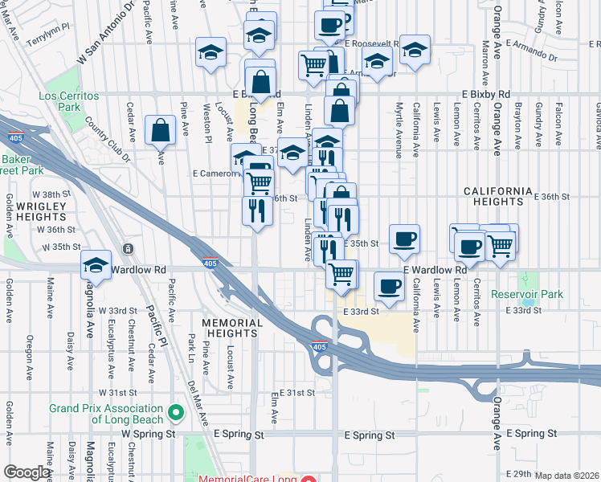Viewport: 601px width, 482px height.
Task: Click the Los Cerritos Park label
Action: coord(69,101)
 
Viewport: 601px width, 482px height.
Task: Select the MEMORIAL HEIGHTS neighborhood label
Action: coord(232,329)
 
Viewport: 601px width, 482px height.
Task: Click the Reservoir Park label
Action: coord(527,295)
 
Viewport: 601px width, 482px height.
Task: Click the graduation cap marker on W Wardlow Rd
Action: coord(96,265)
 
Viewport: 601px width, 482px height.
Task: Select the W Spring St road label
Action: coord(149,434)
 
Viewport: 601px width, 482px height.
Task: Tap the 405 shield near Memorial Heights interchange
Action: coord(320,347)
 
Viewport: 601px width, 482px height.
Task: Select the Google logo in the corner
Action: coord(27,472)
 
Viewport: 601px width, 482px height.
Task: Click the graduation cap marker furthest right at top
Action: coord(415,50)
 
